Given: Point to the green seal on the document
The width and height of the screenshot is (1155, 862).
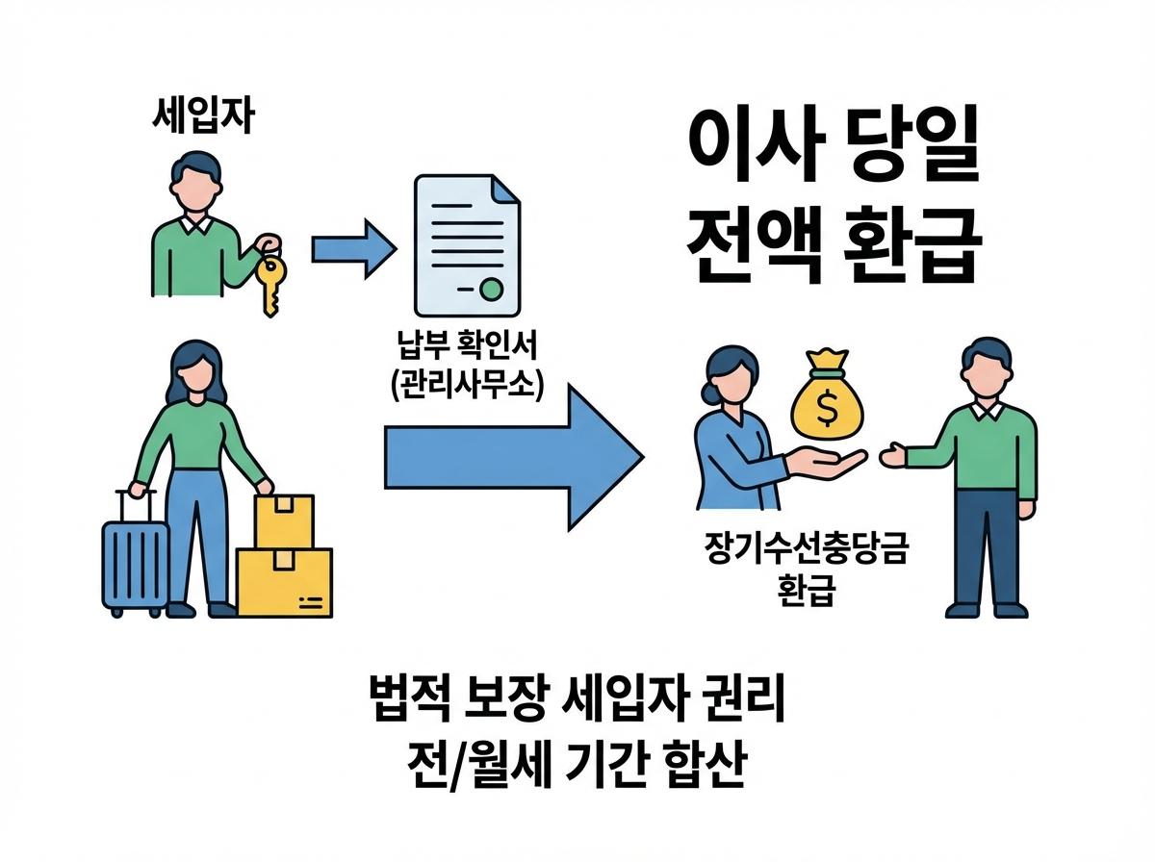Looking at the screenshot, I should pyautogui.click(x=492, y=287).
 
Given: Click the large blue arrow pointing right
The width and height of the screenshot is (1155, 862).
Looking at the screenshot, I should pyautogui.click(x=510, y=451).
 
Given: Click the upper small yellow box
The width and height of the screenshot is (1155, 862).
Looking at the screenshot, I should pyautogui.click(x=284, y=520).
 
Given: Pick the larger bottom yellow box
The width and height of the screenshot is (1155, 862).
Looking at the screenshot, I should pyautogui.click(x=285, y=582).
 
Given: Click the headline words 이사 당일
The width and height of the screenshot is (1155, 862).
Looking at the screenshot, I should pyautogui.click(x=834, y=153).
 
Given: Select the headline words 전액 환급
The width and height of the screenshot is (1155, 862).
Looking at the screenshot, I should pyautogui.click(x=834, y=242).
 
